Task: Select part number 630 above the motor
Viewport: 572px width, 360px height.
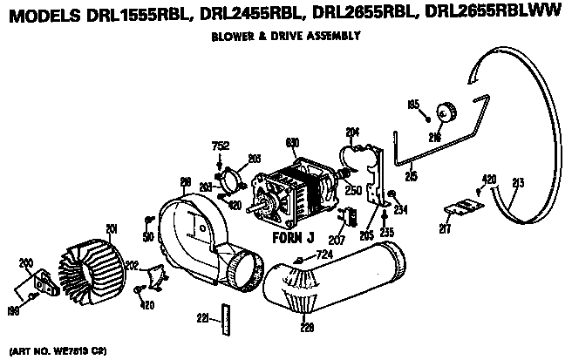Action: [x=293, y=142]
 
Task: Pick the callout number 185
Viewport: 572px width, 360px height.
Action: [x=413, y=105]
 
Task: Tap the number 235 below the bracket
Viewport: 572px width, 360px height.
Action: [x=386, y=233]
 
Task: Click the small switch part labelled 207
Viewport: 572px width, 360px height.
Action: [x=352, y=215]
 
